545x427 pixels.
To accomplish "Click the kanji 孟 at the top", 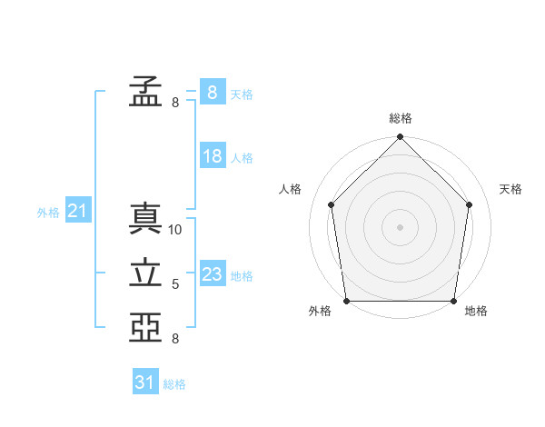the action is (145, 91).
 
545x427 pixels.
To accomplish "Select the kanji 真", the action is (145, 218).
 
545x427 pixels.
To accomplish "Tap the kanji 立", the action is (145, 273).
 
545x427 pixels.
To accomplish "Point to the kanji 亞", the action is (145, 327).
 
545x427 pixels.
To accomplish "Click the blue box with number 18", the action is (213, 155).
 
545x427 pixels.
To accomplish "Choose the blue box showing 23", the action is (213, 273).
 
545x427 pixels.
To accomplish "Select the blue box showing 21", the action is (78, 209).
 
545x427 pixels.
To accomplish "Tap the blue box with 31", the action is (145, 381).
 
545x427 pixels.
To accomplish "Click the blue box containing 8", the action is (213, 92).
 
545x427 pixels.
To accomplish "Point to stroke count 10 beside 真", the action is (174, 230).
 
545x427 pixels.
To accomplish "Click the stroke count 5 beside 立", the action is (175, 284).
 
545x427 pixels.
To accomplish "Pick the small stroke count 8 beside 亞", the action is (175, 339).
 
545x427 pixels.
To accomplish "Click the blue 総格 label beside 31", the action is (174, 384).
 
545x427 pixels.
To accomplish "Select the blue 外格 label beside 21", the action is (48, 213).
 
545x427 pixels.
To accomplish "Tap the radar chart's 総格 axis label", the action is (401, 118).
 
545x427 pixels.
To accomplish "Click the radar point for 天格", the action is (470, 204).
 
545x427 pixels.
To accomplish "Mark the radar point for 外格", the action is (347, 301).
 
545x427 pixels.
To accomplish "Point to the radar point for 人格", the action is (332, 204).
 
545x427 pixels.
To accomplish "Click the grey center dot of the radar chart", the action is (400, 227).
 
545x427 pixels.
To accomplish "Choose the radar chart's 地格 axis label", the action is (476, 311).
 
